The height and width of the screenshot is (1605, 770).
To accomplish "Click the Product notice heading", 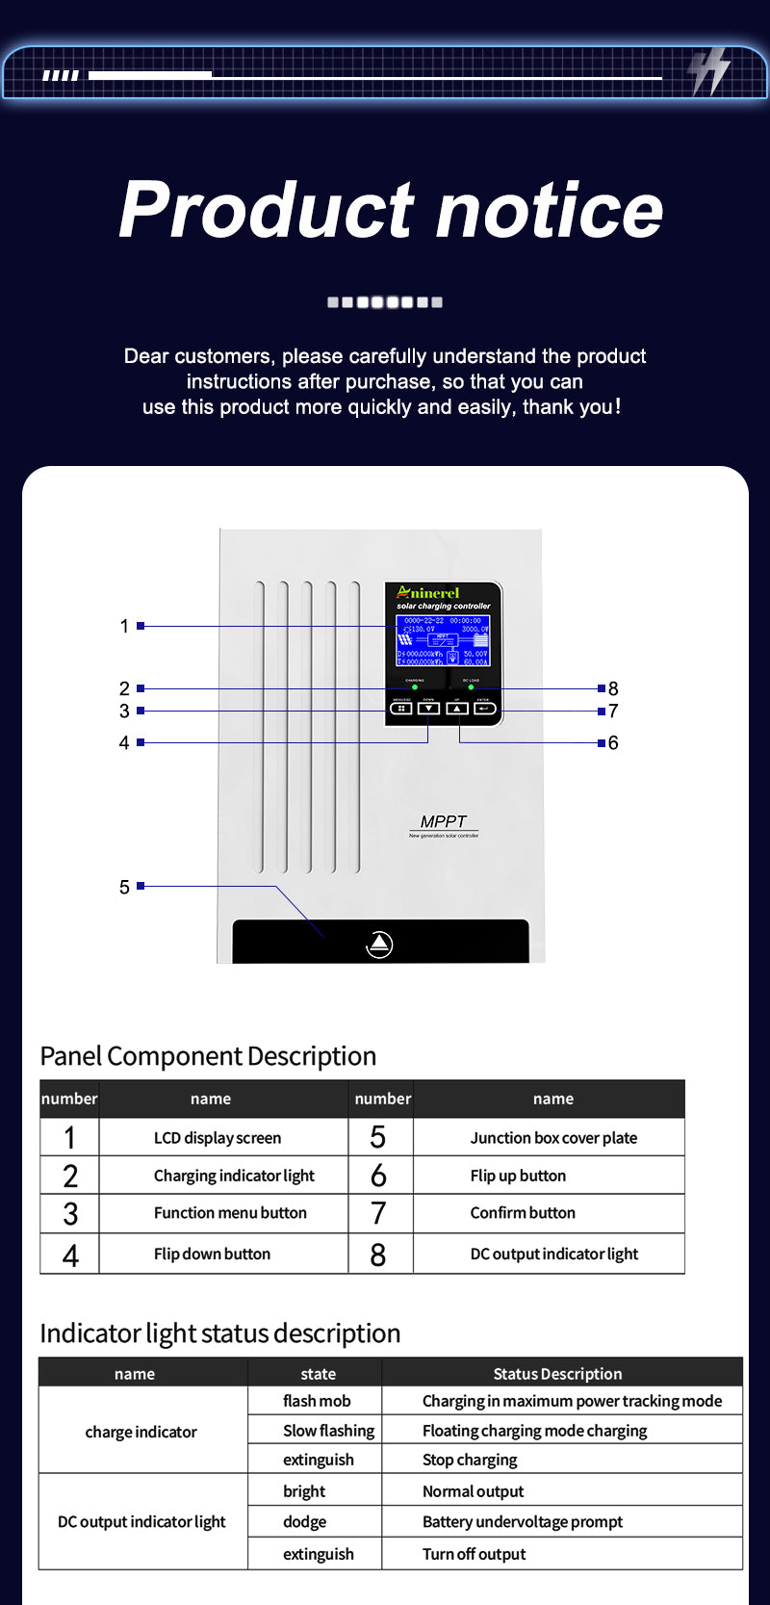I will point(391,210).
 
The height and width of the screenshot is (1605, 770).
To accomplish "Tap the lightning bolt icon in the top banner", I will point(709,71).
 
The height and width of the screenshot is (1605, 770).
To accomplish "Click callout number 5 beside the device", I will point(124,887).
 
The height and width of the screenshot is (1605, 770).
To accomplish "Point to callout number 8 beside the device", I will point(613,688).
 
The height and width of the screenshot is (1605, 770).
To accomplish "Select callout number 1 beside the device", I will point(124,626).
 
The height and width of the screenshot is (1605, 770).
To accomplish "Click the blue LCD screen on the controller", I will point(443,640).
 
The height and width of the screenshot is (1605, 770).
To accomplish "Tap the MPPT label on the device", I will point(443,821).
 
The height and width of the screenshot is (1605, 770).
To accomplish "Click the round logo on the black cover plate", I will point(379,945).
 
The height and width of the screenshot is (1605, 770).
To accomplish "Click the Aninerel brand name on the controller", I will point(428,593).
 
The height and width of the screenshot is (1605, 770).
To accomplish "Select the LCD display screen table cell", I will point(218,1138).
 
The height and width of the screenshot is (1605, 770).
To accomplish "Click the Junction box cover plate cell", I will point(553,1138).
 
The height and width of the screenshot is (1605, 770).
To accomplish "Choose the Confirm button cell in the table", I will point(523,1213).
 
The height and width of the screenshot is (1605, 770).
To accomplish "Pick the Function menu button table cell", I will point(230,1213).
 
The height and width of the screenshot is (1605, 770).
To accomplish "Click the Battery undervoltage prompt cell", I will point(523,1521).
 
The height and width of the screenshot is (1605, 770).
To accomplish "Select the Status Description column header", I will point(557,1374).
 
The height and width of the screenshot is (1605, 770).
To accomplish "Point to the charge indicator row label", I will point(141,1432).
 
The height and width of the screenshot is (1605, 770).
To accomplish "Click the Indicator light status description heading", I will point(220,1333).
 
